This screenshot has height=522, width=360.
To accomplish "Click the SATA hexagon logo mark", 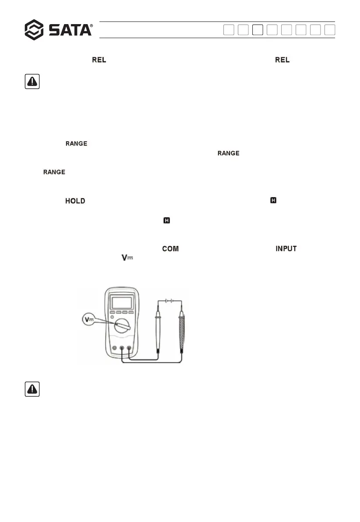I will coord(34,30).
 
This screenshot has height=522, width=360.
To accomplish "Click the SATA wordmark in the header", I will coord(70,30).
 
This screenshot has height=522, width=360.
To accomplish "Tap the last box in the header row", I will coord(330,30).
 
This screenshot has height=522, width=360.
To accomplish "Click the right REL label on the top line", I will coord(282,60).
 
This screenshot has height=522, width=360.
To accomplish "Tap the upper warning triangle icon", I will coord(32,82).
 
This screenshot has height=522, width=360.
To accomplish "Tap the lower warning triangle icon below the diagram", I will coord(32,389).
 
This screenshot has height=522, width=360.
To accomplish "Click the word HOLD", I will coord(75,201).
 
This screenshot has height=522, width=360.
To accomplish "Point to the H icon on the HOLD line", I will coord(274,200).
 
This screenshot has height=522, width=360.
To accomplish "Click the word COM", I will coord(170,249).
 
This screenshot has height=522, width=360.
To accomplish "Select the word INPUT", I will coord(286,249).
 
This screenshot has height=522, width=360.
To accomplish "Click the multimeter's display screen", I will coord(123,302).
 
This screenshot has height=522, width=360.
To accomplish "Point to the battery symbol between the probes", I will coord(169,301).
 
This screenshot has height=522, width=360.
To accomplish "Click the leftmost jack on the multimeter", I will coord(114,348).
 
